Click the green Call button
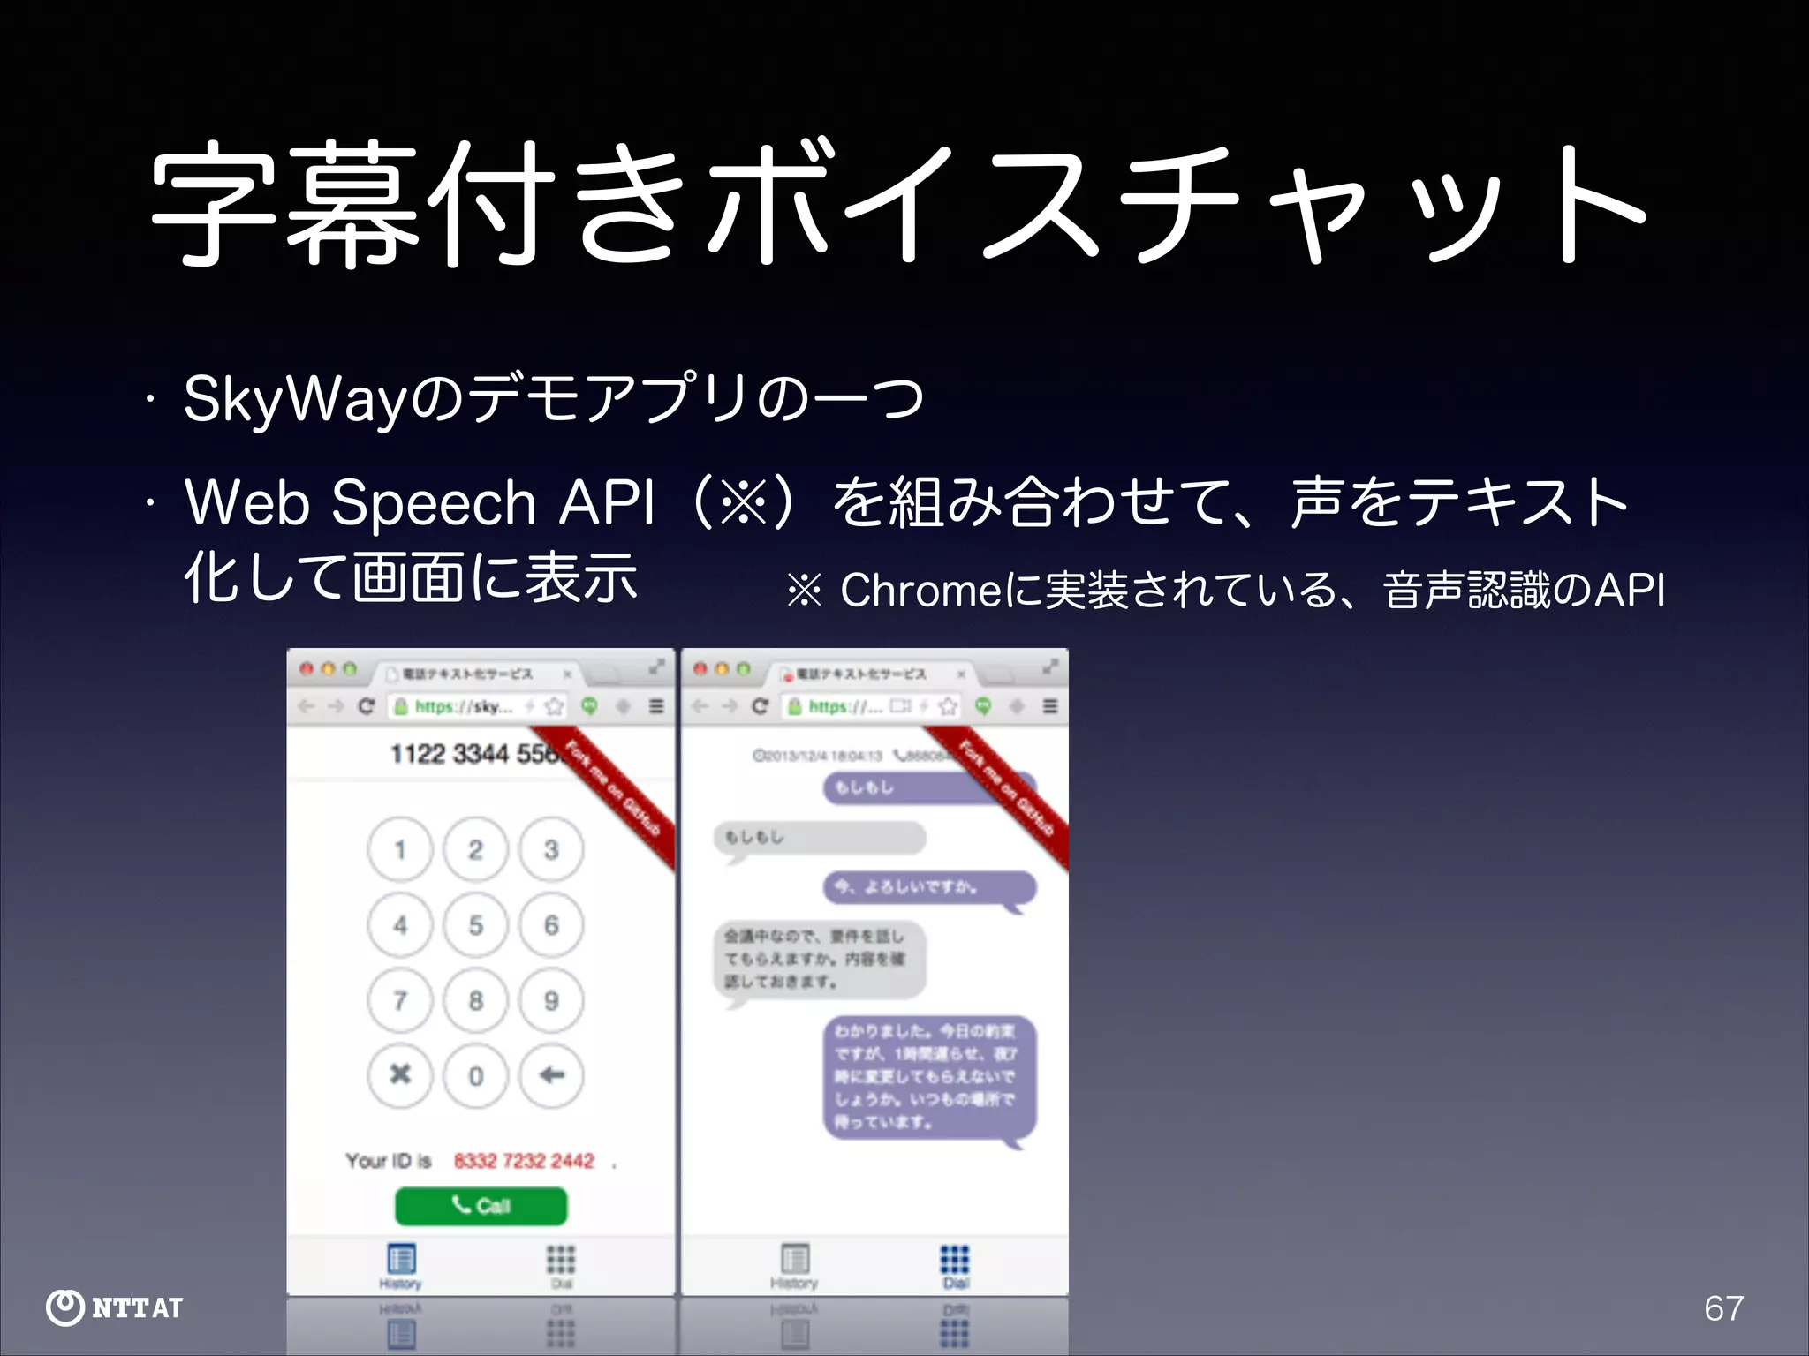(481, 1205)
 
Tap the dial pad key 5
(475, 925)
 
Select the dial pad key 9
(551, 1000)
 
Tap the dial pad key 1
(400, 850)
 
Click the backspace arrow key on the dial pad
(551, 1075)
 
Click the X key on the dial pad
(400, 1075)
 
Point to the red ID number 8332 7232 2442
(524, 1161)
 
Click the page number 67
(1723, 1308)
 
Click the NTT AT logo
(115, 1307)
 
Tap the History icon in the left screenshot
(401, 1262)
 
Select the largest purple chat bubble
(929, 1077)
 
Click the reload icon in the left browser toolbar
(367, 706)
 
